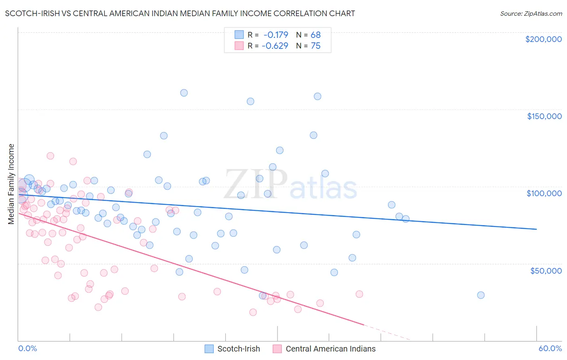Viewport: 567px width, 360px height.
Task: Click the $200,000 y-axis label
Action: [x=543, y=39]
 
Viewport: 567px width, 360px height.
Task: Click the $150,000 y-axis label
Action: [x=544, y=116]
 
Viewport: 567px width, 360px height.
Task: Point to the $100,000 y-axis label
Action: [x=544, y=193]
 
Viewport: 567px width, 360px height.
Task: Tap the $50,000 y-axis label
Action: [x=546, y=270]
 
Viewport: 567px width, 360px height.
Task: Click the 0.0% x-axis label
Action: [x=27, y=348]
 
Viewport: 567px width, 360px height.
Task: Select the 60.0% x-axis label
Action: [x=550, y=348]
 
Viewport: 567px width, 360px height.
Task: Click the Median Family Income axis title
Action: [x=11, y=184]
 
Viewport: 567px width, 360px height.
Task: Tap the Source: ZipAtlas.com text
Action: [x=531, y=14]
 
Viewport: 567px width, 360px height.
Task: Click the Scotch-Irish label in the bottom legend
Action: [x=238, y=349]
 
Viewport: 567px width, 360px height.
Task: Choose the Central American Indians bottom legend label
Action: [x=330, y=349]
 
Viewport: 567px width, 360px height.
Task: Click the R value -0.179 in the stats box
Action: [x=275, y=35]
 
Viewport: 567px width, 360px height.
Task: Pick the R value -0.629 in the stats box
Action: [x=275, y=46]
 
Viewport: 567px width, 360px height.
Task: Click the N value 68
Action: [x=315, y=35]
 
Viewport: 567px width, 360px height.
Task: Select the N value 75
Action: [x=315, y=46]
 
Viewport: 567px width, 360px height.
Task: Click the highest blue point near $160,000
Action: [x=184, y=93]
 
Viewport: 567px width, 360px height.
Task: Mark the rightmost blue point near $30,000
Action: [x=481, y=295]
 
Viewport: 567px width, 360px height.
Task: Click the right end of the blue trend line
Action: [x=536, y=229]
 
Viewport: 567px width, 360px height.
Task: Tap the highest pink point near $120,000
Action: [x=50, y=156]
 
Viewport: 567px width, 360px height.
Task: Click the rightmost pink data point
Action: [x=359, y=294]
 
